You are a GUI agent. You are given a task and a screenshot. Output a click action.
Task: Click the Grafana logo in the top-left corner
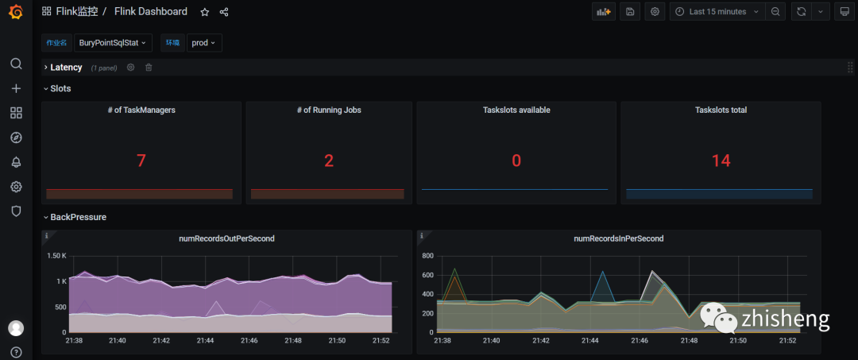click(16, 11)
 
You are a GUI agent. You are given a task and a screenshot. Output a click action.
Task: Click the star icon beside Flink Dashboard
click(205, 12)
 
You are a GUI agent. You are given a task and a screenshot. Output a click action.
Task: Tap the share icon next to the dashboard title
click(224, 12)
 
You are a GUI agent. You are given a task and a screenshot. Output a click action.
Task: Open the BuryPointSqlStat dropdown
click(113, 43)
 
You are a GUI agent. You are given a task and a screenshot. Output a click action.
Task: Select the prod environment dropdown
click(204, 43)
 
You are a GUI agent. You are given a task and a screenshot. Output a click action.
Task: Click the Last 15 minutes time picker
click(717, 11)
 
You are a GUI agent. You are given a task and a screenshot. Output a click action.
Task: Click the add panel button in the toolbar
click(604, 11)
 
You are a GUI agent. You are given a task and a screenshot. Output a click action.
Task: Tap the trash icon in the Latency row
click(149, 68)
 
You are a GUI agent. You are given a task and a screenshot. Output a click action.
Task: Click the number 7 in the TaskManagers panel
click(141, 161)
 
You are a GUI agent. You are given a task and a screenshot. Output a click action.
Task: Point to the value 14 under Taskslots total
click(721, 161)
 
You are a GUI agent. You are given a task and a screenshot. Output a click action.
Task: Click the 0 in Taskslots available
click(516, 161)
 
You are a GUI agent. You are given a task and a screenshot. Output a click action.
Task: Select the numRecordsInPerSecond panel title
click(618, 238)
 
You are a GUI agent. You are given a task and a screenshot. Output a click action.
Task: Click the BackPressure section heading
click(78, 217)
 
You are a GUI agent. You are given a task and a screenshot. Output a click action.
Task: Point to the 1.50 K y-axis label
click(57, 256)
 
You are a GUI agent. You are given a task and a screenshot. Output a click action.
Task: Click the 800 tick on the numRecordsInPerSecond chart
click(427, 256)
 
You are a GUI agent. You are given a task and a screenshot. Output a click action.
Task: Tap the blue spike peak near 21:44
click(603, 271)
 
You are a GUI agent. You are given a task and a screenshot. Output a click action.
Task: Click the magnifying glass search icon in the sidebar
click(17, 64)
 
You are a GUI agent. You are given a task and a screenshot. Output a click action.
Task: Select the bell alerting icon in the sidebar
click(17, 162)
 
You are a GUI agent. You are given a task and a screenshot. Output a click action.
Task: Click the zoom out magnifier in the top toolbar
click(775, 11)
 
